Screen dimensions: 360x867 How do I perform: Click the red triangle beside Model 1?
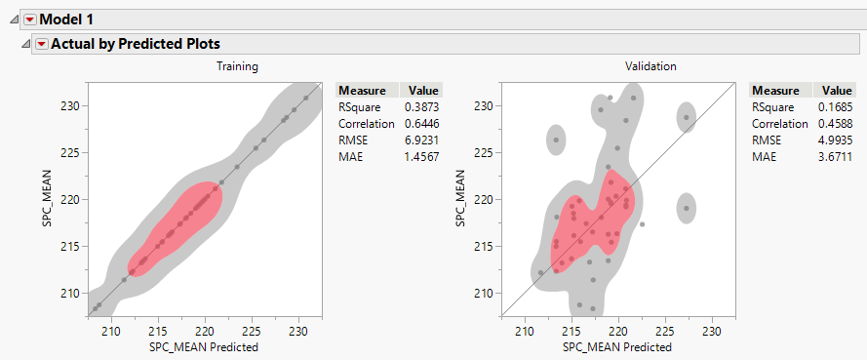28,19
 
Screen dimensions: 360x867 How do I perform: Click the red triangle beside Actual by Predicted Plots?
41,44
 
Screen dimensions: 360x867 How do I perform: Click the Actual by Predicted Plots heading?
135,44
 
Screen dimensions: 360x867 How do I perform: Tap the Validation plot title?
650,66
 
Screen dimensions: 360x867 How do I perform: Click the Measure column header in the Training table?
363,89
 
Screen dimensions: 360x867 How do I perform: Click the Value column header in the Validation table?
838,89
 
